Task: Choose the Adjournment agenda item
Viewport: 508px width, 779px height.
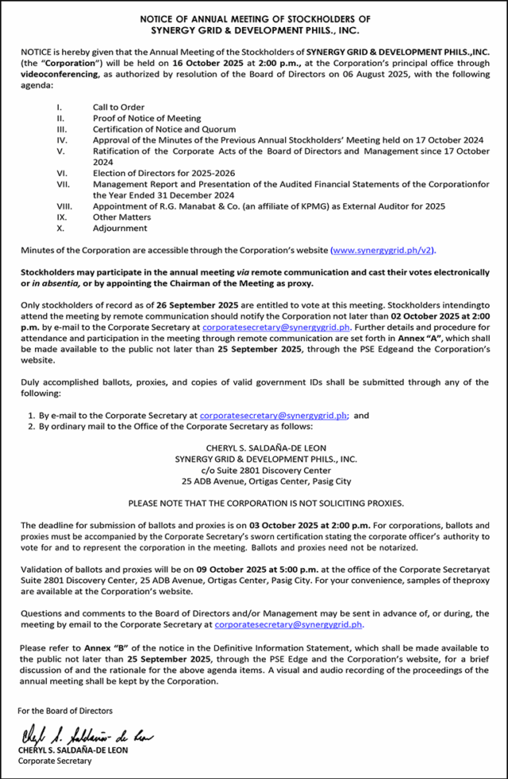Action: click(x=120, y=228)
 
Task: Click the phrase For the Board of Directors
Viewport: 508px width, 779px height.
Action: click(x=65, y=711)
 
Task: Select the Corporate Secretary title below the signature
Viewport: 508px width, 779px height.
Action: click(x=56, y=761)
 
